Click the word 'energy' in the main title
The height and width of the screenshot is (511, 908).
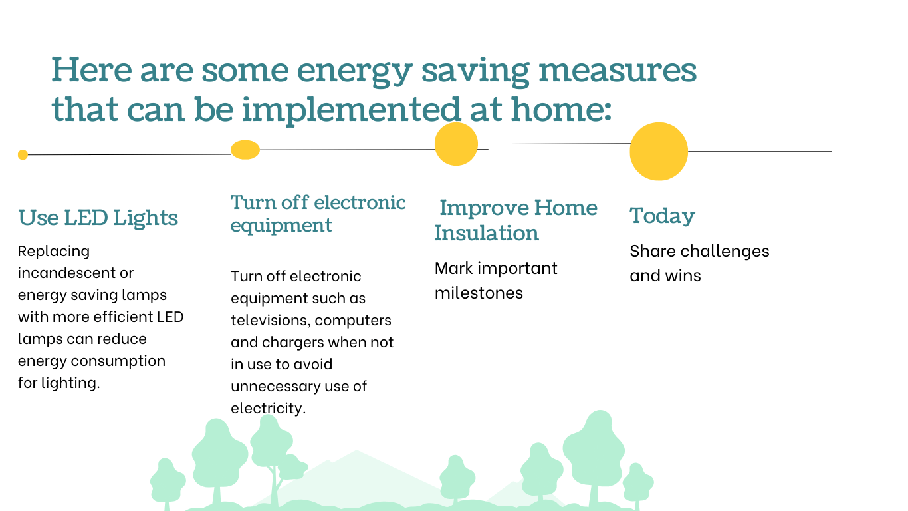point(355,72)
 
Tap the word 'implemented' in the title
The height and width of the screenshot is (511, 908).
point(351,110)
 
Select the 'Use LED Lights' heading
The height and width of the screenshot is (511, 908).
point(98,218)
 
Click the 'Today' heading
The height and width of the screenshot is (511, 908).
point(662,216)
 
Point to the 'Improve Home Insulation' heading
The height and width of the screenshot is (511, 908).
point(516,220)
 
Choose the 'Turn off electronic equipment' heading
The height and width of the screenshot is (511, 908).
point(318,214)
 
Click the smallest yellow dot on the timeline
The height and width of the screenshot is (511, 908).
point(23,154)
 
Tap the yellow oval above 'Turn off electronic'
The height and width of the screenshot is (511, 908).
point(245,150)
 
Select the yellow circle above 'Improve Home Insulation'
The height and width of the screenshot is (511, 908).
point(456,144)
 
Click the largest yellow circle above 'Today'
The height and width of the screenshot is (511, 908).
point(659,152)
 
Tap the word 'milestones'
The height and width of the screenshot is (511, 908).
point(479,293)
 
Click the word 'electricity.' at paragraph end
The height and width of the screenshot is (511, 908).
point(268,408)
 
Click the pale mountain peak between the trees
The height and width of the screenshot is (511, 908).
point(356,452)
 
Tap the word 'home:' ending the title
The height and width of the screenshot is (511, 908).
point(560,110)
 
